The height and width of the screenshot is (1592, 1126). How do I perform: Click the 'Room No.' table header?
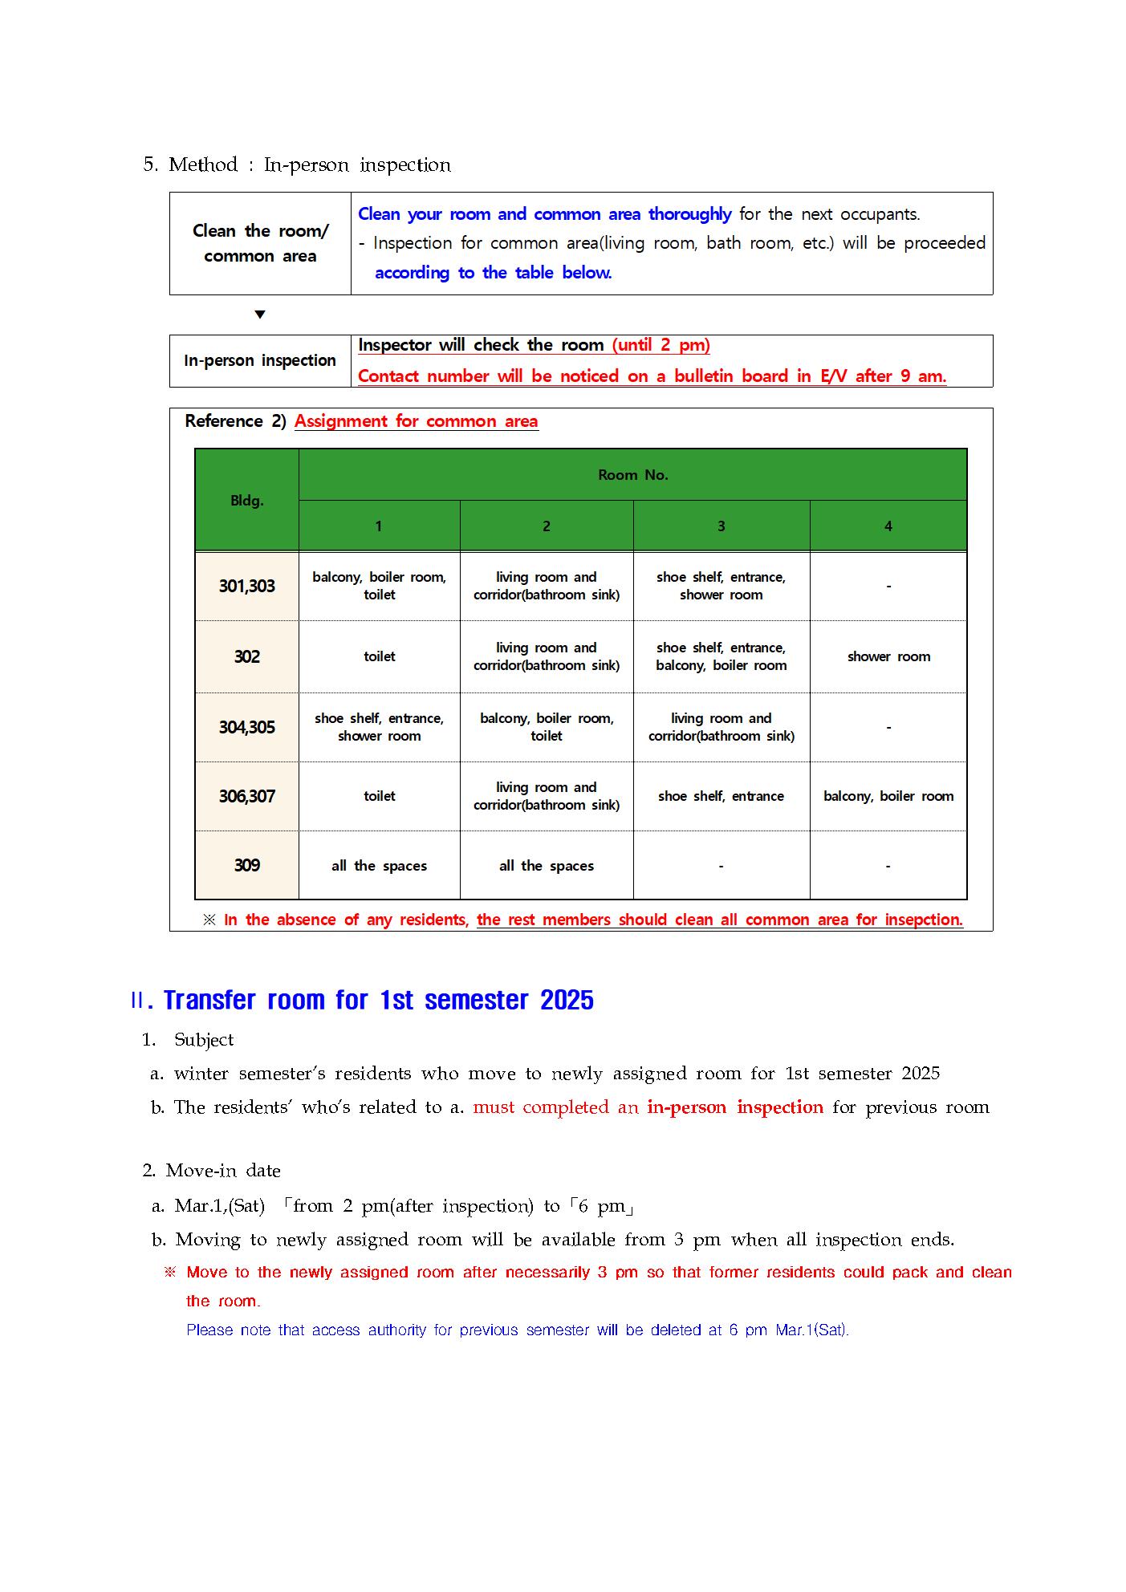click(x=632, y=475)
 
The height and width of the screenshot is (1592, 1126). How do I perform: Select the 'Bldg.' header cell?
click(x=246, y=501)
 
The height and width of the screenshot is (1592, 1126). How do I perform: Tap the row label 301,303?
click(x=246, y=587)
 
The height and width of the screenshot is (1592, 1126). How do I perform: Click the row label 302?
click(x=246, y=657)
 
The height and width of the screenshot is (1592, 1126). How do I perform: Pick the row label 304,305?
click(x=246, y=728)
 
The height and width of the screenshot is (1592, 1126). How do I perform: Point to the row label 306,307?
click(x=246, y=797)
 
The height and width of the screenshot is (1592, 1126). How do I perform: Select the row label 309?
click(x=246, y=866)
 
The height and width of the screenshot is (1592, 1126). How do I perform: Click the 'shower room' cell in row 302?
click(x=888, y=657)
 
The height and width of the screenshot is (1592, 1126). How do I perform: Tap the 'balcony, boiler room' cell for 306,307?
click(x=888, y=797)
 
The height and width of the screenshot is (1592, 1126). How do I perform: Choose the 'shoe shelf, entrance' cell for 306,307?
click(x=721, y=797)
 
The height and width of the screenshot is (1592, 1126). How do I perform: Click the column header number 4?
click(x=888, y=526)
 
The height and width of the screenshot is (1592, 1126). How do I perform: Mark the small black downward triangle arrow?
click(x=259, y=315)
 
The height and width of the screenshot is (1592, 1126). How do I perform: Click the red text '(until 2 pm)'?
click(x=661, y=346)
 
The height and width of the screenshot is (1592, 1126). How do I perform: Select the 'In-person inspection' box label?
click(x=259, y=361)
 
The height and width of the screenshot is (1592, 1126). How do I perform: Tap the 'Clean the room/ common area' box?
click(x=260, y=244)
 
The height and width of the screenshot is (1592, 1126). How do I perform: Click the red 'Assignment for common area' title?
click(x=416, y=422)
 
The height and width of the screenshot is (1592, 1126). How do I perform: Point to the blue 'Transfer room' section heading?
click(x=378, y=1001)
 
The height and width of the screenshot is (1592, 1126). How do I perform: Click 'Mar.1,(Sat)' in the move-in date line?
click(x=219, y=1206)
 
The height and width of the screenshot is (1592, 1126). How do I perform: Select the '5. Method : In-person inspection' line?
click(x=297, y=165)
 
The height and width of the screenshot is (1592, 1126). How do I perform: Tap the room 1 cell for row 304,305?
click(x=379, y=728)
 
